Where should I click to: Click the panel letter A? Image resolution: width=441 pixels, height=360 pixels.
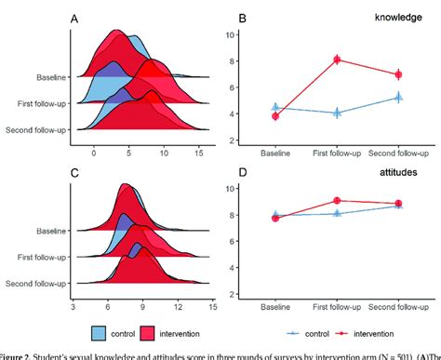(x=73, y=20)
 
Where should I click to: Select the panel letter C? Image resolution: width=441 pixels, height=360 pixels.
(x=73, y=173)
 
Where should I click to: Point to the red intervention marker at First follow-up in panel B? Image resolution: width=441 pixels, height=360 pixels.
(x=337, y=60)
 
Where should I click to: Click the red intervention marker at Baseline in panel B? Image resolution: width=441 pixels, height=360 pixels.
(x=275, y=115)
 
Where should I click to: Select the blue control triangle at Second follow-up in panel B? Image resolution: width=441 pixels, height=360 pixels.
(x=398, y=97)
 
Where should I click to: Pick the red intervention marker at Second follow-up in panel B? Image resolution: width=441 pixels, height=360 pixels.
(x=398, y=74)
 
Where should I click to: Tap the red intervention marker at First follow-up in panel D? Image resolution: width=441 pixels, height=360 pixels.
(x=337, y=200)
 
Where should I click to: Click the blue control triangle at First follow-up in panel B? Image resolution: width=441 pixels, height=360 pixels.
(x=337, y=113)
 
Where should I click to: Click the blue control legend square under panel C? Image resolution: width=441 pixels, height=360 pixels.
(x=104, y=332)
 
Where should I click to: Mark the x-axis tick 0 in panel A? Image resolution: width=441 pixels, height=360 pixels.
(x=93, y=149)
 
